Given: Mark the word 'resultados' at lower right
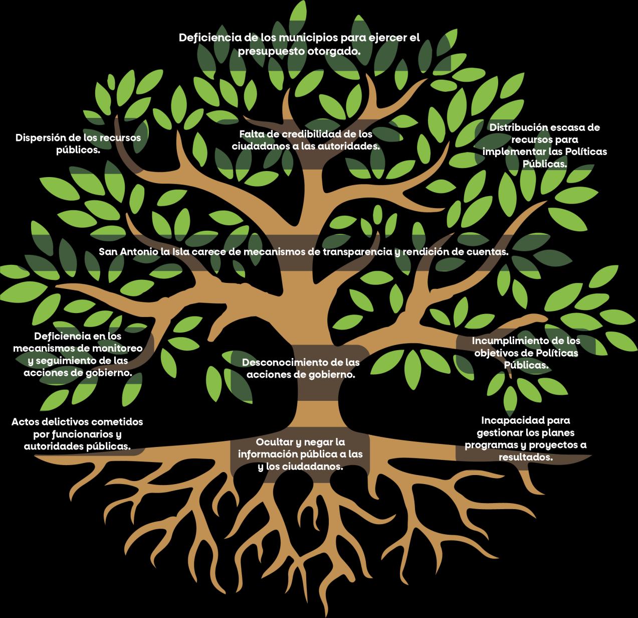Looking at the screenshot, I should pyautogui.click(x=525, y=457).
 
